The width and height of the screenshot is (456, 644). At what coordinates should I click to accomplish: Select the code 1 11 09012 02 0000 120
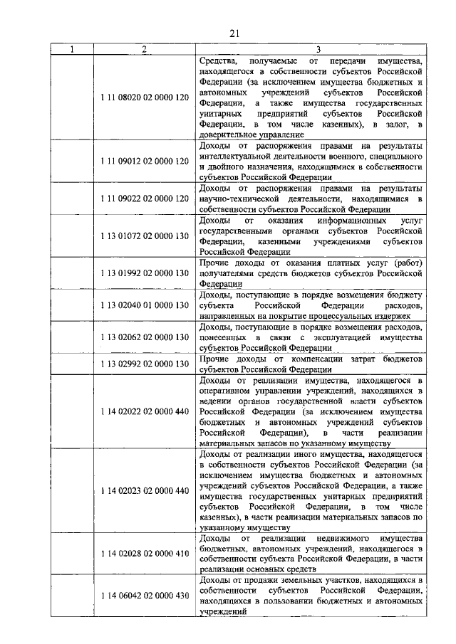click(145, 161)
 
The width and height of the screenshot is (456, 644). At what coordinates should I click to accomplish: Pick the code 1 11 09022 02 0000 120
click(145, 198)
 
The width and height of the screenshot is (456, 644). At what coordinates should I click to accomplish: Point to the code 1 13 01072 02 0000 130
click(145, 236)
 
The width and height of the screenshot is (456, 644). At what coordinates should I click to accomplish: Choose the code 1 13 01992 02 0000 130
click(145, 273)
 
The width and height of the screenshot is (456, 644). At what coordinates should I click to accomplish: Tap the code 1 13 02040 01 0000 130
click(145, 305)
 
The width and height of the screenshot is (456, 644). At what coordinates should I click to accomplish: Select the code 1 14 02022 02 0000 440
click(145, 411)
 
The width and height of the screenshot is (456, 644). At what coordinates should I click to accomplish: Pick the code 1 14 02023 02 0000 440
click(145, 491)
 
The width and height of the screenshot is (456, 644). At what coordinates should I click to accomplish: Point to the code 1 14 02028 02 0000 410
click(145, 554)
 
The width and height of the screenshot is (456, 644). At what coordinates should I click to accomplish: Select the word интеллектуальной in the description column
click(238, 157)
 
